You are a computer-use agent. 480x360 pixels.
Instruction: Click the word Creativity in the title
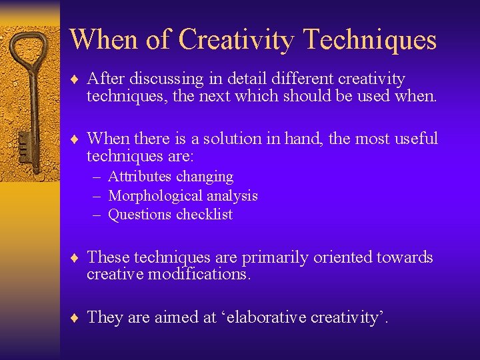(235, 40)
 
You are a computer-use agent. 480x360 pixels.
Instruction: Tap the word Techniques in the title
(369, 40)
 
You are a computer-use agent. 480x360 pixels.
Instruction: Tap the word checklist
(206, 215)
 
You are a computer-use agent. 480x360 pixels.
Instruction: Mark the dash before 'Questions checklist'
(97, 215)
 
